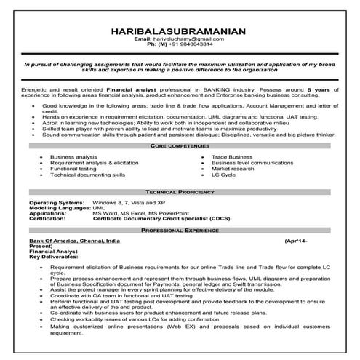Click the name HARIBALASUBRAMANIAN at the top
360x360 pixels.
[x=179, y=31]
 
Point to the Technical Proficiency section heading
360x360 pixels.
[x=180, y=191]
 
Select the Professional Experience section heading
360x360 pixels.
[x=180, y=230]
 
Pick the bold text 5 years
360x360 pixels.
[x=321, y=86]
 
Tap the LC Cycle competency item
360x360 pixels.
[x=224, y=175]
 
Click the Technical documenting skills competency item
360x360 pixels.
[x=88, y=175]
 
